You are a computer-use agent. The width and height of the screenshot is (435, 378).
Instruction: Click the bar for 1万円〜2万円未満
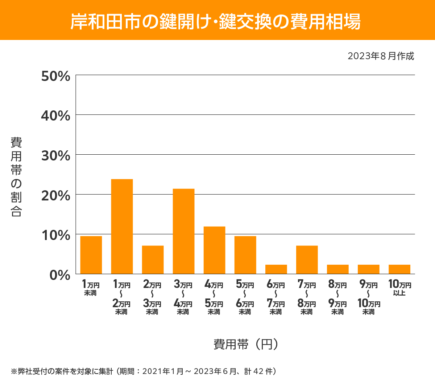[x=122, y=226]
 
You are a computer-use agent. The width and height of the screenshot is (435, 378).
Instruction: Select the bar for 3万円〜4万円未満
[x=183, y=231]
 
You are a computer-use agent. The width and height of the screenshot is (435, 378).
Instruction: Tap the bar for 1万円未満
[x=91, y=255]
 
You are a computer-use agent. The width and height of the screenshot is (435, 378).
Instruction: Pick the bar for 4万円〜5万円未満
[x=214, y=250]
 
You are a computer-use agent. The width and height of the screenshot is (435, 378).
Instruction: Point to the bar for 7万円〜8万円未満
[x=307, y=260]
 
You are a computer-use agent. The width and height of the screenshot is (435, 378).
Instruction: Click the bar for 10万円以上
[x=399, y=269]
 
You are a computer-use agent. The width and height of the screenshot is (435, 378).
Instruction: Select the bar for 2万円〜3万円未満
[x=153, y=260]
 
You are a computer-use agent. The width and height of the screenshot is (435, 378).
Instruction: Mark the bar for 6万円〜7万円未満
[x=276, y=269]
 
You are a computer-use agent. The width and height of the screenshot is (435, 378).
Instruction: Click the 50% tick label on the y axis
[x=55, y=76]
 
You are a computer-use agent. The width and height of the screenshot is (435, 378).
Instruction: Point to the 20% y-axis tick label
[x=55, y=196]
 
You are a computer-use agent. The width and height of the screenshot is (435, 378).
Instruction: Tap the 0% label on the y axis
[x=60, y=275]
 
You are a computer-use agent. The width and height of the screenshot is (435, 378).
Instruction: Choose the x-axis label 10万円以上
[x=399, y=288]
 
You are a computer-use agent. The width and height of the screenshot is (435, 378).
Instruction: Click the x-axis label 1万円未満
[x=91, y=288]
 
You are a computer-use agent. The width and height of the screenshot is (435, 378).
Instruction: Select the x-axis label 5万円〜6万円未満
[x=245, y=297]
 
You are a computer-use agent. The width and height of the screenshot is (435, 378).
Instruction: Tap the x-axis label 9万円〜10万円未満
[x=369, y=297]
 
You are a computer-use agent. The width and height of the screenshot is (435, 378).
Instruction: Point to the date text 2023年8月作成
[x=381, y=56]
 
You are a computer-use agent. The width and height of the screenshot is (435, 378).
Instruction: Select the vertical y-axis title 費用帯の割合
[x=16, y=177]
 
